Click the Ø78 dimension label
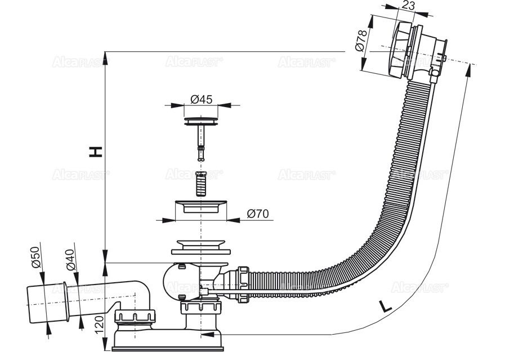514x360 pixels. pyautogui.click(x=360, y=41)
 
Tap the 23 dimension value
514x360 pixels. pyautogui.click(x=408, y=5)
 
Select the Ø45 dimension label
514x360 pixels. pyautogui.click(x=202, y=99)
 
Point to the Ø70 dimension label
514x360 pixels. pyautogui.click(x=258, y=214)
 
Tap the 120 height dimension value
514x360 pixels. pyautogui.click(x=100, y=323)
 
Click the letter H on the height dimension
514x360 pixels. pyautogui.click(x=96, y=152)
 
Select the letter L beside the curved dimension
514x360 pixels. pyautogui.click(x=386, y=306)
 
